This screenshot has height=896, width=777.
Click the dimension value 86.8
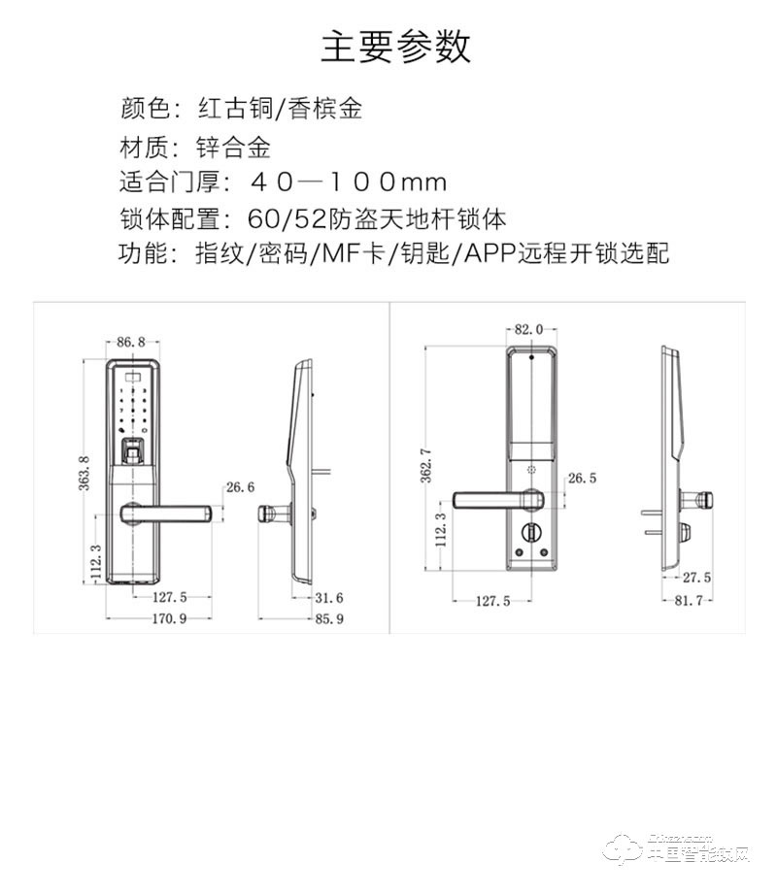[x=130, y=342]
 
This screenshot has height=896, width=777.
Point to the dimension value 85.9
[x=327, y=619]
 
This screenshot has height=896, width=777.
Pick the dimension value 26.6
[x=239, y=487]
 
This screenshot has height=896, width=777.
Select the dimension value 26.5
[x=582, y=479]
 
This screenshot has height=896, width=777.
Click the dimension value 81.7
[x=688, y=601]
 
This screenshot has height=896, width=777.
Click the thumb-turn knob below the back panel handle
[x=532, y=532]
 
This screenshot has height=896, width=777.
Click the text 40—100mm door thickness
[x=348, y=183]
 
